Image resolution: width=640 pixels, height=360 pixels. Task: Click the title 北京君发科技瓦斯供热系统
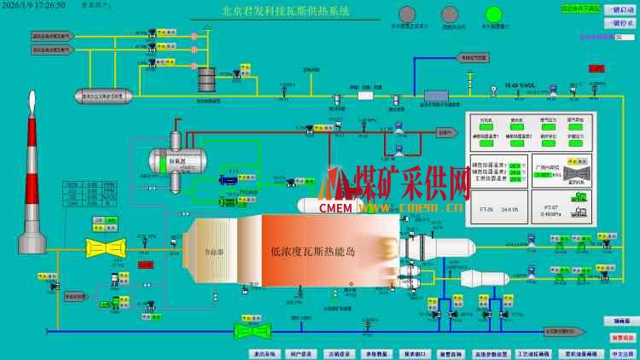coord(285,12)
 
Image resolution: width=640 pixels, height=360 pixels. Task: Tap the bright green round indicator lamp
coord(493,15)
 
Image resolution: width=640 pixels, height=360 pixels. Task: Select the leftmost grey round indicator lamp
coord(407,15)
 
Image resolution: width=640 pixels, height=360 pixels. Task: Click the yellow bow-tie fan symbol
coord(106,248)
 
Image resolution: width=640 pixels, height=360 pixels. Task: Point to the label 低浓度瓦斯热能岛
coord(311,252)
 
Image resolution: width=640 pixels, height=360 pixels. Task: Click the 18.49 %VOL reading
coord(520,85)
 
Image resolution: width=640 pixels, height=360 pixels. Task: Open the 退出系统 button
coord(265,353)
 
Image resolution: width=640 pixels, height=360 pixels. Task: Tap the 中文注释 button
coord(622,353)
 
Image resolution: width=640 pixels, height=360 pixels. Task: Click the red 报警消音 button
coord(622,338)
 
